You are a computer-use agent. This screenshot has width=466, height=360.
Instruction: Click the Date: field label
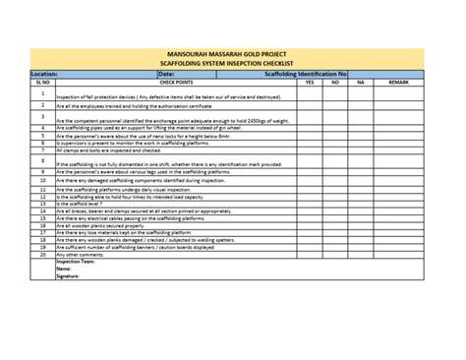[x=166, y=74]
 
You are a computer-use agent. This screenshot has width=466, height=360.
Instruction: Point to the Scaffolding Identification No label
[x=306, y=74]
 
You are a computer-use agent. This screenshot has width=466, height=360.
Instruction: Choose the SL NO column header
[x=42, y=83]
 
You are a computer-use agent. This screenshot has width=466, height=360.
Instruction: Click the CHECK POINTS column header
[x=175, y=83]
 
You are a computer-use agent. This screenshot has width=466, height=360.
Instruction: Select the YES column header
[x=309, y=83]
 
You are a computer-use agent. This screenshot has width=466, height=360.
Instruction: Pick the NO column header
[x=335, y=83]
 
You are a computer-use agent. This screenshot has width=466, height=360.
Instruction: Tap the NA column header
[x=361, y=83]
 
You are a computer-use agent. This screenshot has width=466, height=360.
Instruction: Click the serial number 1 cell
[x=42, y=93]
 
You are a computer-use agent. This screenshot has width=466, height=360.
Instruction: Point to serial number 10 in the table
[x=42, y=181]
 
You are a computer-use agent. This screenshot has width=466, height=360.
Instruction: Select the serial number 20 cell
[x=42, y=255]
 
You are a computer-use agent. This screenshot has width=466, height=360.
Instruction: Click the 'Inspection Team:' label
[x=76, y=263]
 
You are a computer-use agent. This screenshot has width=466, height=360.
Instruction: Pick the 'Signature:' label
[x=68, y=276]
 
